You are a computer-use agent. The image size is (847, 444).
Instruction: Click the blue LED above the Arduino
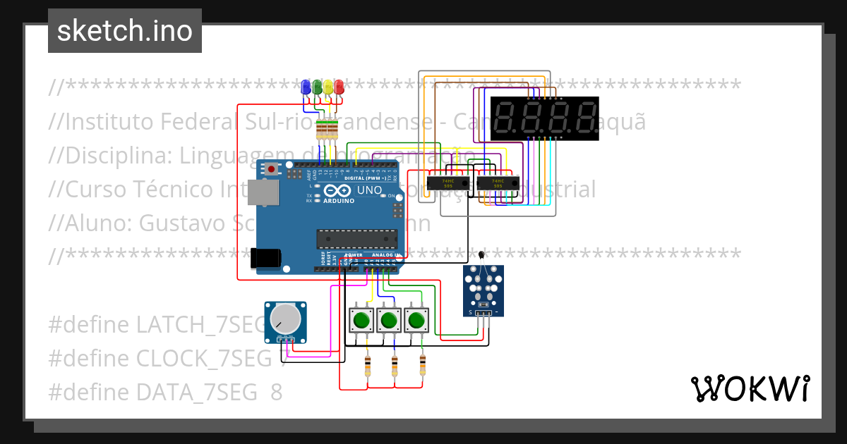[x=306, y=87]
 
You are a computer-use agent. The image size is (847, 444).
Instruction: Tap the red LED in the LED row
[x=340, y=87]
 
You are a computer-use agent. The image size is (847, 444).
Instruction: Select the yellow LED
[x=328, y=87]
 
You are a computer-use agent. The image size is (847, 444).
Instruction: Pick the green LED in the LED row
[x=317, y=87]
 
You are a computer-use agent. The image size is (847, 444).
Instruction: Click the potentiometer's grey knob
[x=286, y=319]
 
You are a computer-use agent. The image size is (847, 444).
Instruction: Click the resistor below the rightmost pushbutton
[x=423, y=365]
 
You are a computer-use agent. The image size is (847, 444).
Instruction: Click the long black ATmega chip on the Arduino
[x=356, y=238]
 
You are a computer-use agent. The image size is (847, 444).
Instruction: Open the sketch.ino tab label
[x=125, y=31]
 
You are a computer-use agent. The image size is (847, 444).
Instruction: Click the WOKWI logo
[x=750, y=388]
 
